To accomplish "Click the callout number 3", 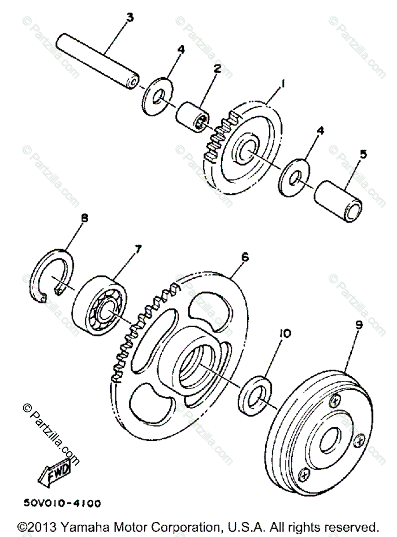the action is coord(129,18).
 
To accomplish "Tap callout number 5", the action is coord(363,155).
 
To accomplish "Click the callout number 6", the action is coord(245,258).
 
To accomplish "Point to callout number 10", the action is coord(285,333).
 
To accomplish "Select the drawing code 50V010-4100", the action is coord(62,503).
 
